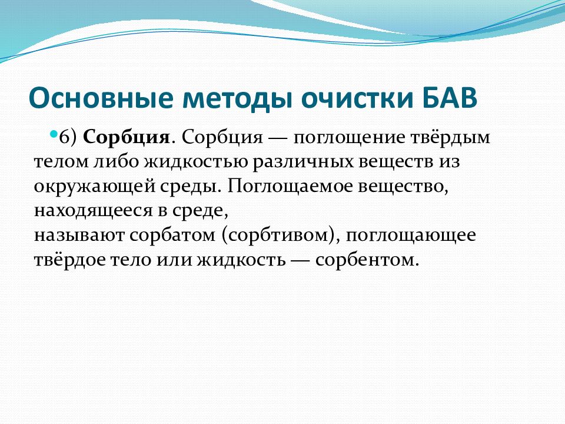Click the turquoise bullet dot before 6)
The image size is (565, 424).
54,134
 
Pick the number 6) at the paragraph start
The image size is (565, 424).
68,137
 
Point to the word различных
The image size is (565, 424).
303,163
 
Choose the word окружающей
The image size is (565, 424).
94,187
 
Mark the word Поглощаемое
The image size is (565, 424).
290,187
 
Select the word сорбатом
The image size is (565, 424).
172,235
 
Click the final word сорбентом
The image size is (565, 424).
367,260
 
